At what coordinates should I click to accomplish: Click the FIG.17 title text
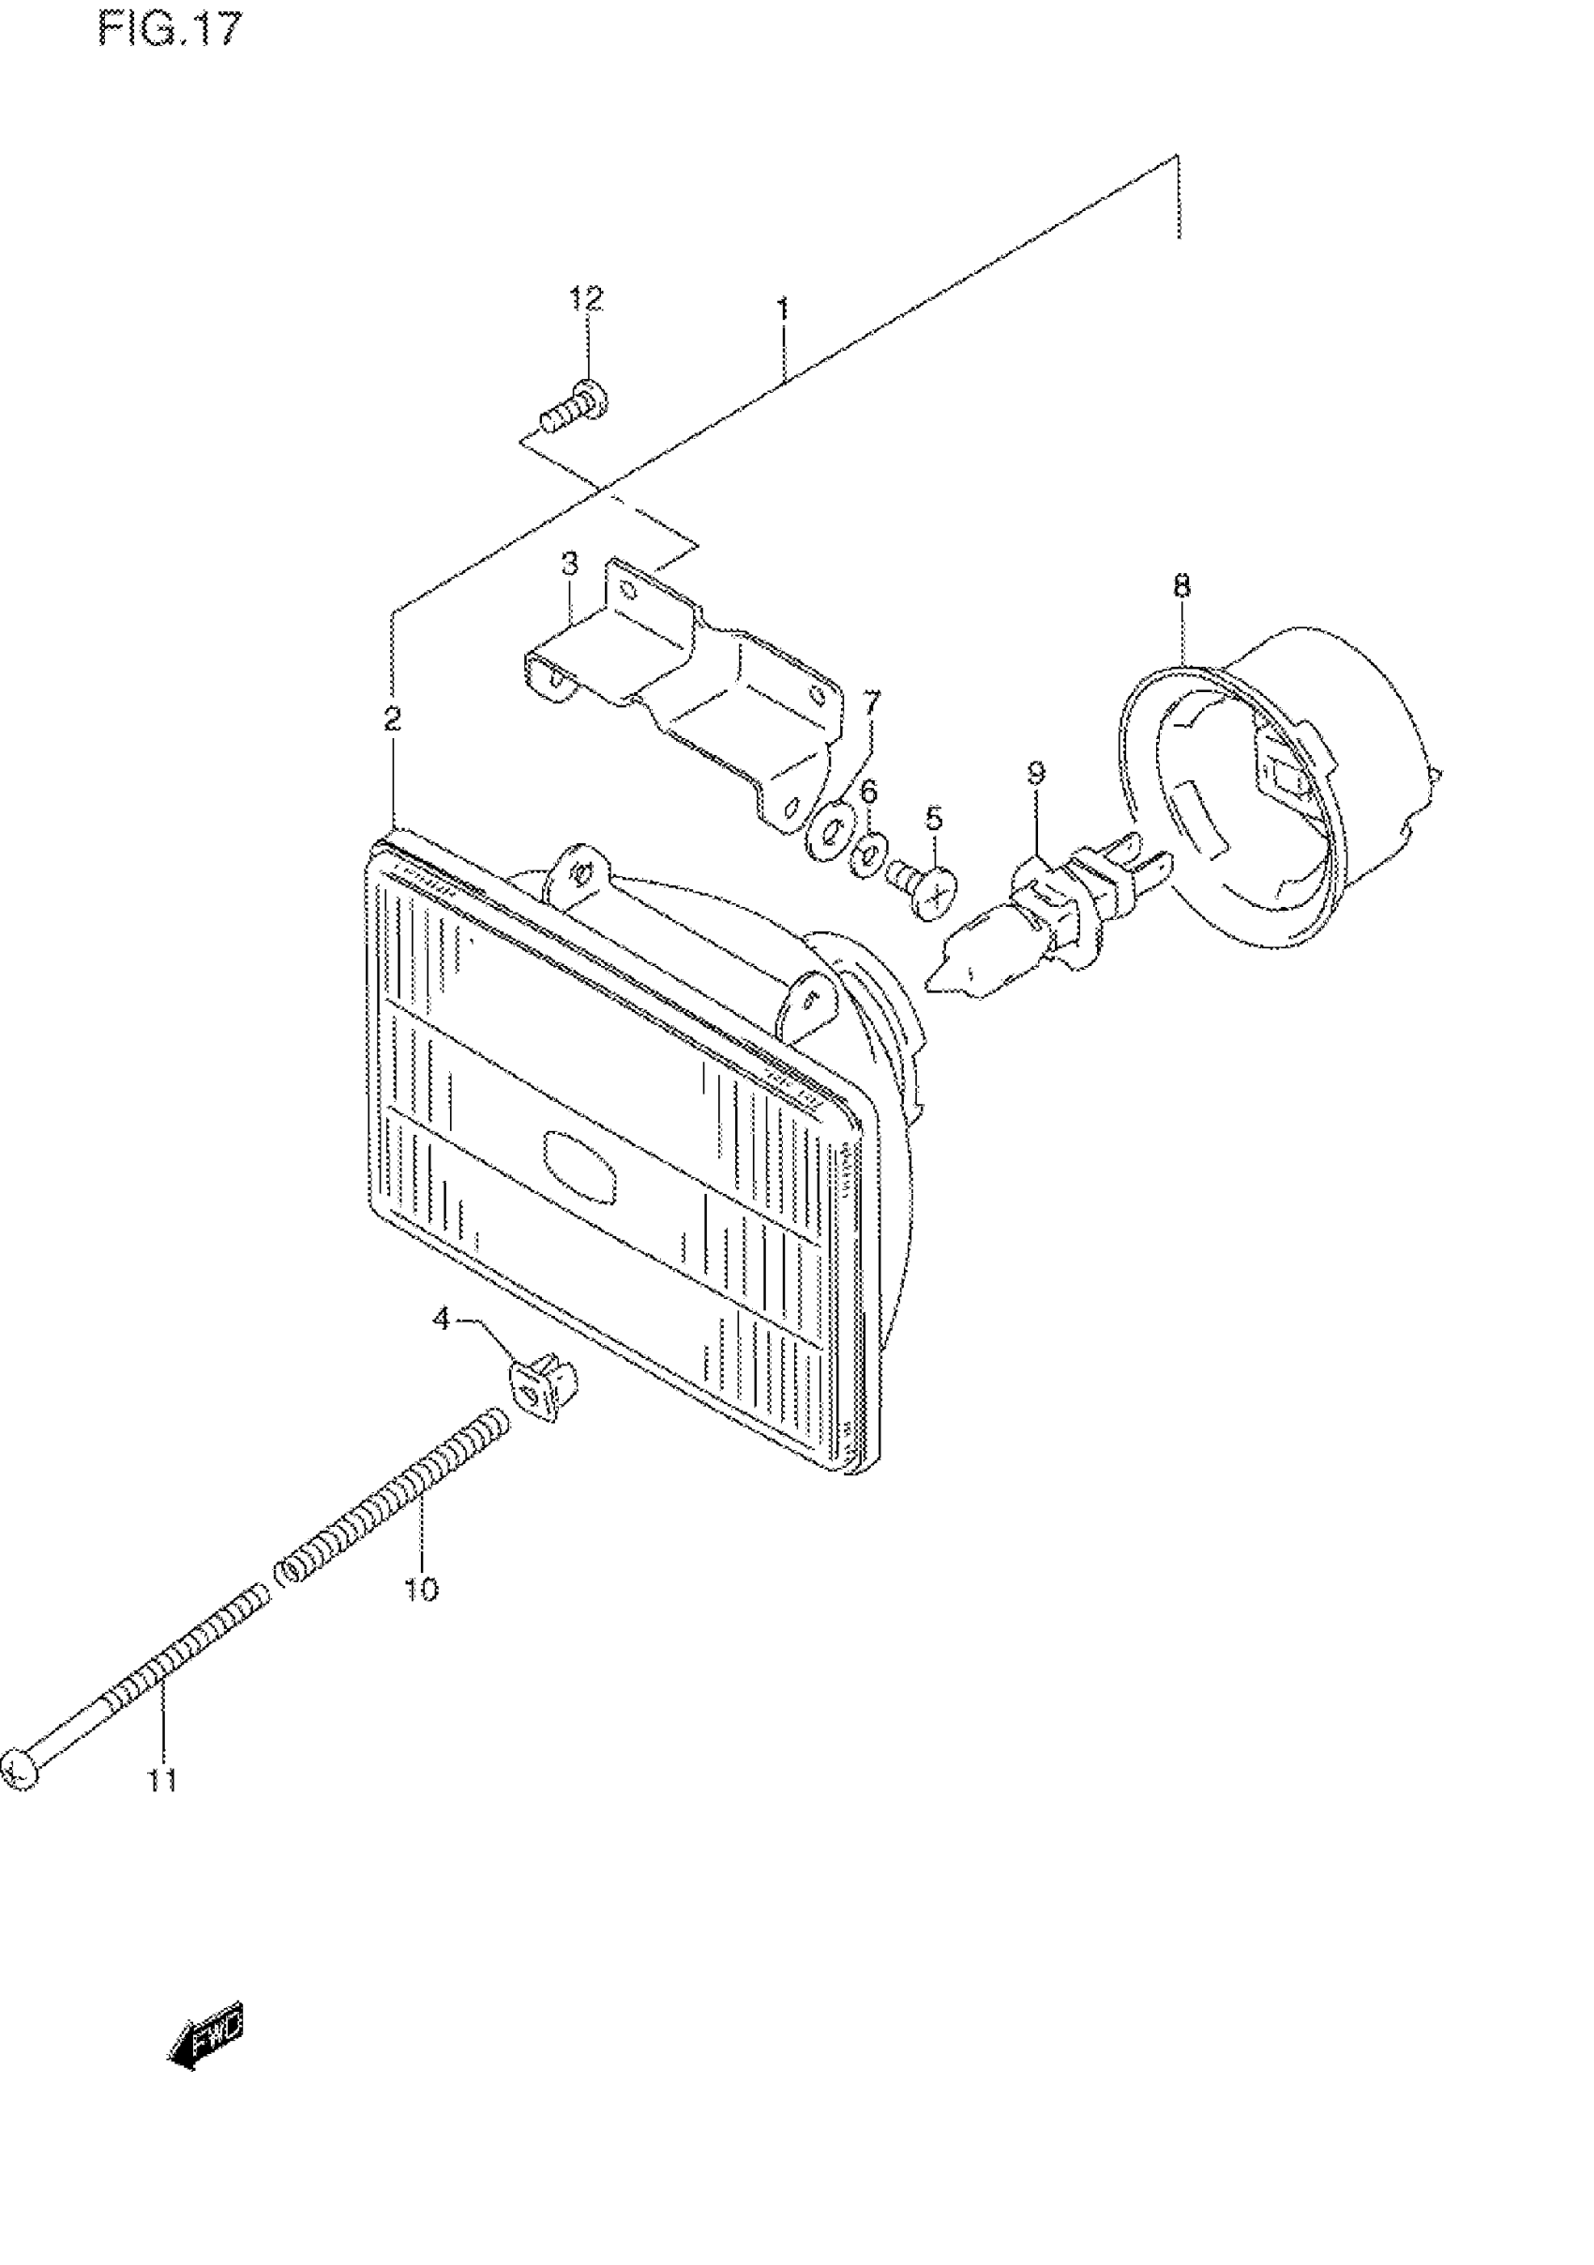(169, 31)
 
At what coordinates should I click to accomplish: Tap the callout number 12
(586, 299)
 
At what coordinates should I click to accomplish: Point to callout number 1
(782, 310)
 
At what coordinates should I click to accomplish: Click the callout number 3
(569, 566)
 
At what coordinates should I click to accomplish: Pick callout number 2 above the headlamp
(393, 718)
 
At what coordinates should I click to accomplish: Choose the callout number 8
(1181, 586)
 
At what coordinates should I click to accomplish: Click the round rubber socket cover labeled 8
(1283, 779)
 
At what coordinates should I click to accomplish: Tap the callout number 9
(1036, 773)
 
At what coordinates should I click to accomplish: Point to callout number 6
(868, 793)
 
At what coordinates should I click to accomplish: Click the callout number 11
(163, 1781)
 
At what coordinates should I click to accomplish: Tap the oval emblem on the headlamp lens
(582, 1165)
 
